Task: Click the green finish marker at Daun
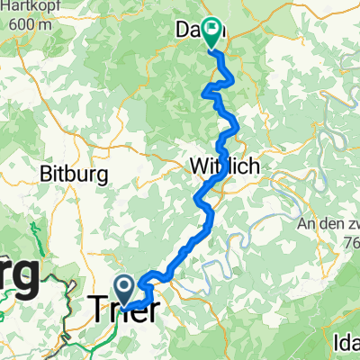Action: click(x=212, y=32)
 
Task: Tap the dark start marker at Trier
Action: click(x=124, y=288)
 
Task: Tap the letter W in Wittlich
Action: click(x=198, y=166)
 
